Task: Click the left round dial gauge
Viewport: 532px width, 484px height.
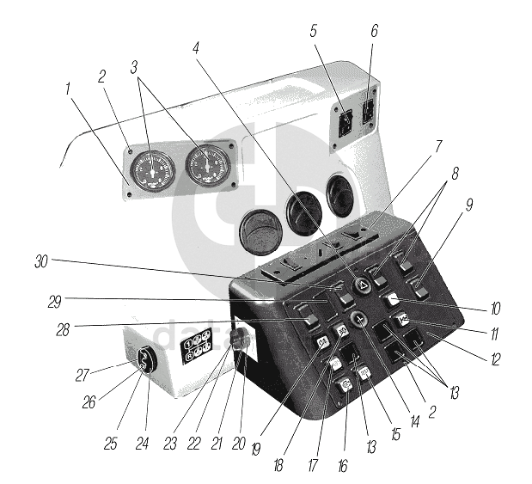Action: pos(153,169)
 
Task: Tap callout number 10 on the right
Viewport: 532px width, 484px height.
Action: pos(497,308)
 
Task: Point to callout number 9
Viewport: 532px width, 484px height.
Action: pos(494,206)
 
